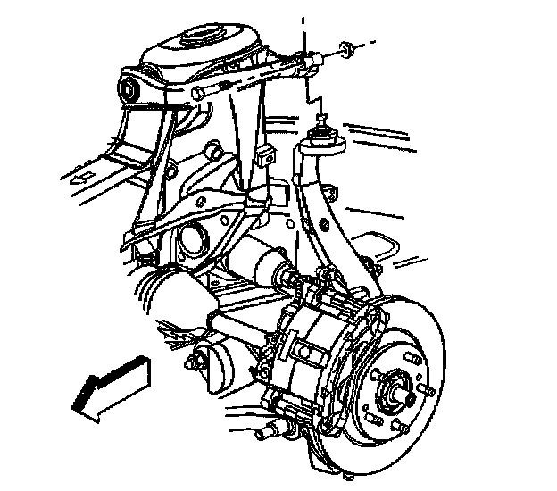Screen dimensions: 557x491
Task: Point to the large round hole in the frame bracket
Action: point(189,239)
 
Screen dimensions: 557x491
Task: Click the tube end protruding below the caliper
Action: point(263,434)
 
